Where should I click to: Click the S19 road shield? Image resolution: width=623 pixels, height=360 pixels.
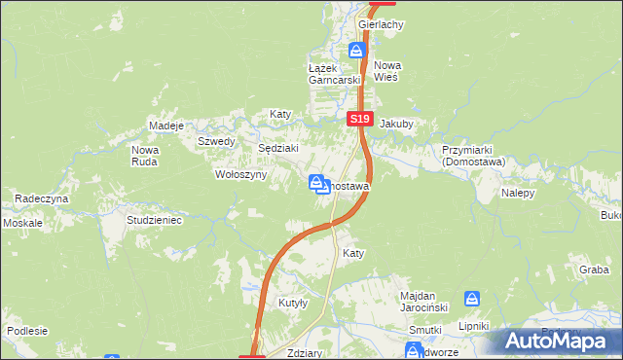[x=360, y=119]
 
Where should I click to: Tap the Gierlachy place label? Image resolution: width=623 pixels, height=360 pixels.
[x=381, y=23]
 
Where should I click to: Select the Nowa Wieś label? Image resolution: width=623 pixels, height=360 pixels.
[x=387, y=71]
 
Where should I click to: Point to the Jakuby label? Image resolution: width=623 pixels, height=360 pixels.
[x=396, y=125]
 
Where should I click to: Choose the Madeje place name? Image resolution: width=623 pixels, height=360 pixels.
[x=166, y=126]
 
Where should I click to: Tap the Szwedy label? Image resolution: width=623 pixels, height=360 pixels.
[x=216, y=141]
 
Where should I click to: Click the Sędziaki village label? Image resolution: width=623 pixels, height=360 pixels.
[x=276, y=148]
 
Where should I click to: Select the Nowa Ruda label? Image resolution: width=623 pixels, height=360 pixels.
[x=145, y=156]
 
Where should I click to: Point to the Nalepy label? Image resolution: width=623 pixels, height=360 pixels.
[x=519, y=193]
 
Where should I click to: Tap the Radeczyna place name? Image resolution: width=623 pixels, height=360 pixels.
[x=41, y=198]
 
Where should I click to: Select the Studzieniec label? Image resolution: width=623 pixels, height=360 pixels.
[x=155, y=220]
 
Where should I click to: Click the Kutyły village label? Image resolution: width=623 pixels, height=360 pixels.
[x=293, y=303]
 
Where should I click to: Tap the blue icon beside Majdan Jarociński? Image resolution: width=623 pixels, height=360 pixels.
[x=472, y=299]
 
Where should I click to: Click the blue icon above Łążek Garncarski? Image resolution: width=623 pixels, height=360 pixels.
[x=357, y=50]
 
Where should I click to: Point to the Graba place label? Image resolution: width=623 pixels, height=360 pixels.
[x=594, y=270]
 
